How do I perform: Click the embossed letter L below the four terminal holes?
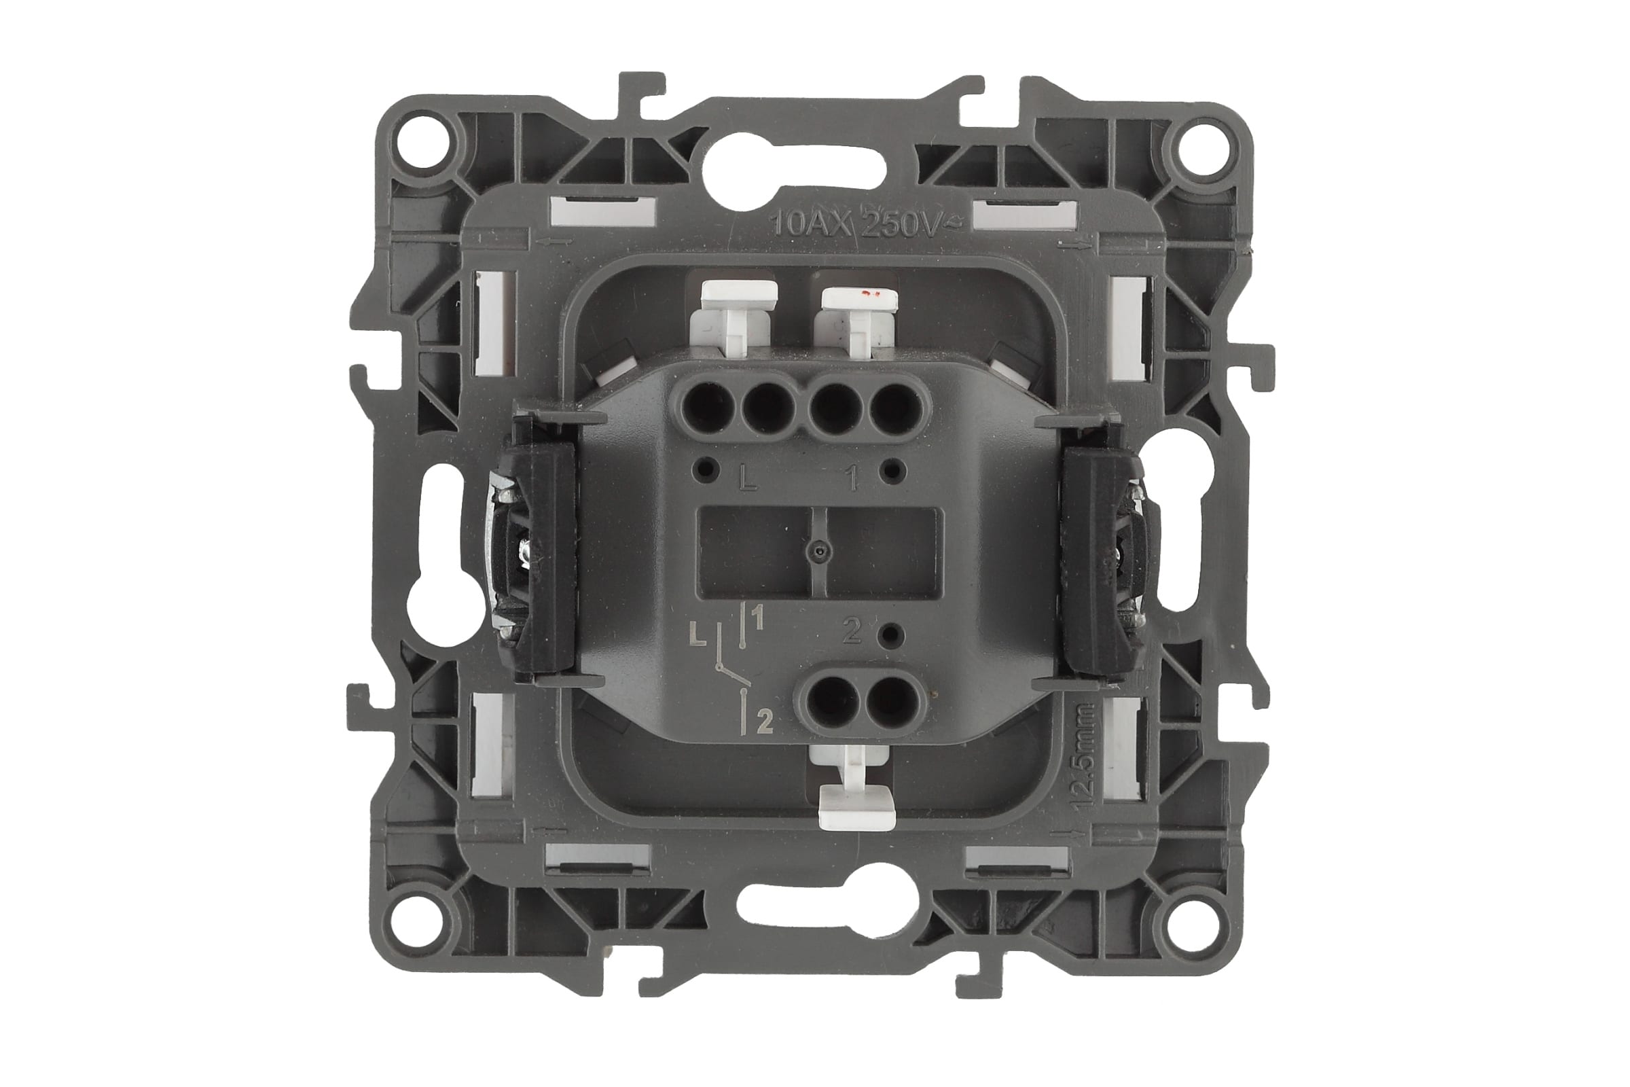[748, 478]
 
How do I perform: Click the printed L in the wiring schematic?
[700, 635]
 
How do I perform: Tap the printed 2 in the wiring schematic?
[765, 723]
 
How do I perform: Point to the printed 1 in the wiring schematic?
[758, 618]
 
